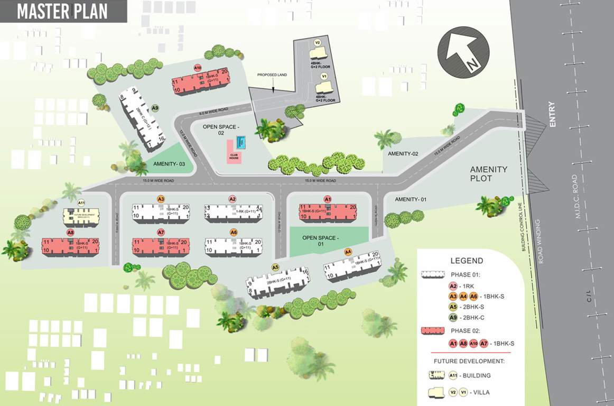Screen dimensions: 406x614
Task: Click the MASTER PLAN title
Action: (62, 11)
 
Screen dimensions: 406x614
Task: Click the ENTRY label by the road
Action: (553, 114)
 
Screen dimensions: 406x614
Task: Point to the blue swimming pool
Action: (241, 142)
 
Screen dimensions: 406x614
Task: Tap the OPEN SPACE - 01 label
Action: (320, 241)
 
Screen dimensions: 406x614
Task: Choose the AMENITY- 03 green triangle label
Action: (169, 164)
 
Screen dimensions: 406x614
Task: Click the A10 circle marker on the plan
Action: (198, 68)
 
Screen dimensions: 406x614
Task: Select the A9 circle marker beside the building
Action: (155, 108)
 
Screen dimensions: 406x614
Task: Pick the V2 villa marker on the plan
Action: (318, 42)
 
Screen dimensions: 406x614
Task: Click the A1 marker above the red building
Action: (327, 199)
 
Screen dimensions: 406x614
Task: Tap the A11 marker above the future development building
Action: (81, 202)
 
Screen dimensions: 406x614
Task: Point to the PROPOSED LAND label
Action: (272, 75)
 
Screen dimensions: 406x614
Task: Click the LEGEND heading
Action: (467, 261)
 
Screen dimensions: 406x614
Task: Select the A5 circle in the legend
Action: (453, 307)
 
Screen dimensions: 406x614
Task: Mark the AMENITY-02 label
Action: (403, 153)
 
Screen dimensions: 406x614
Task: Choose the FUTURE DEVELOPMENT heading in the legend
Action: (469, 361)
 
